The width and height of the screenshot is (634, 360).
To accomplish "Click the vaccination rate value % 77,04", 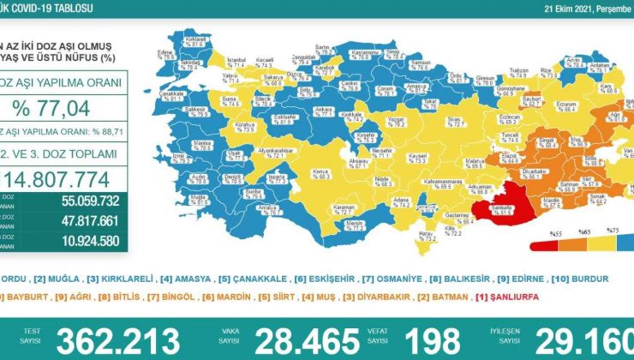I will click(x=64, y=107).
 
